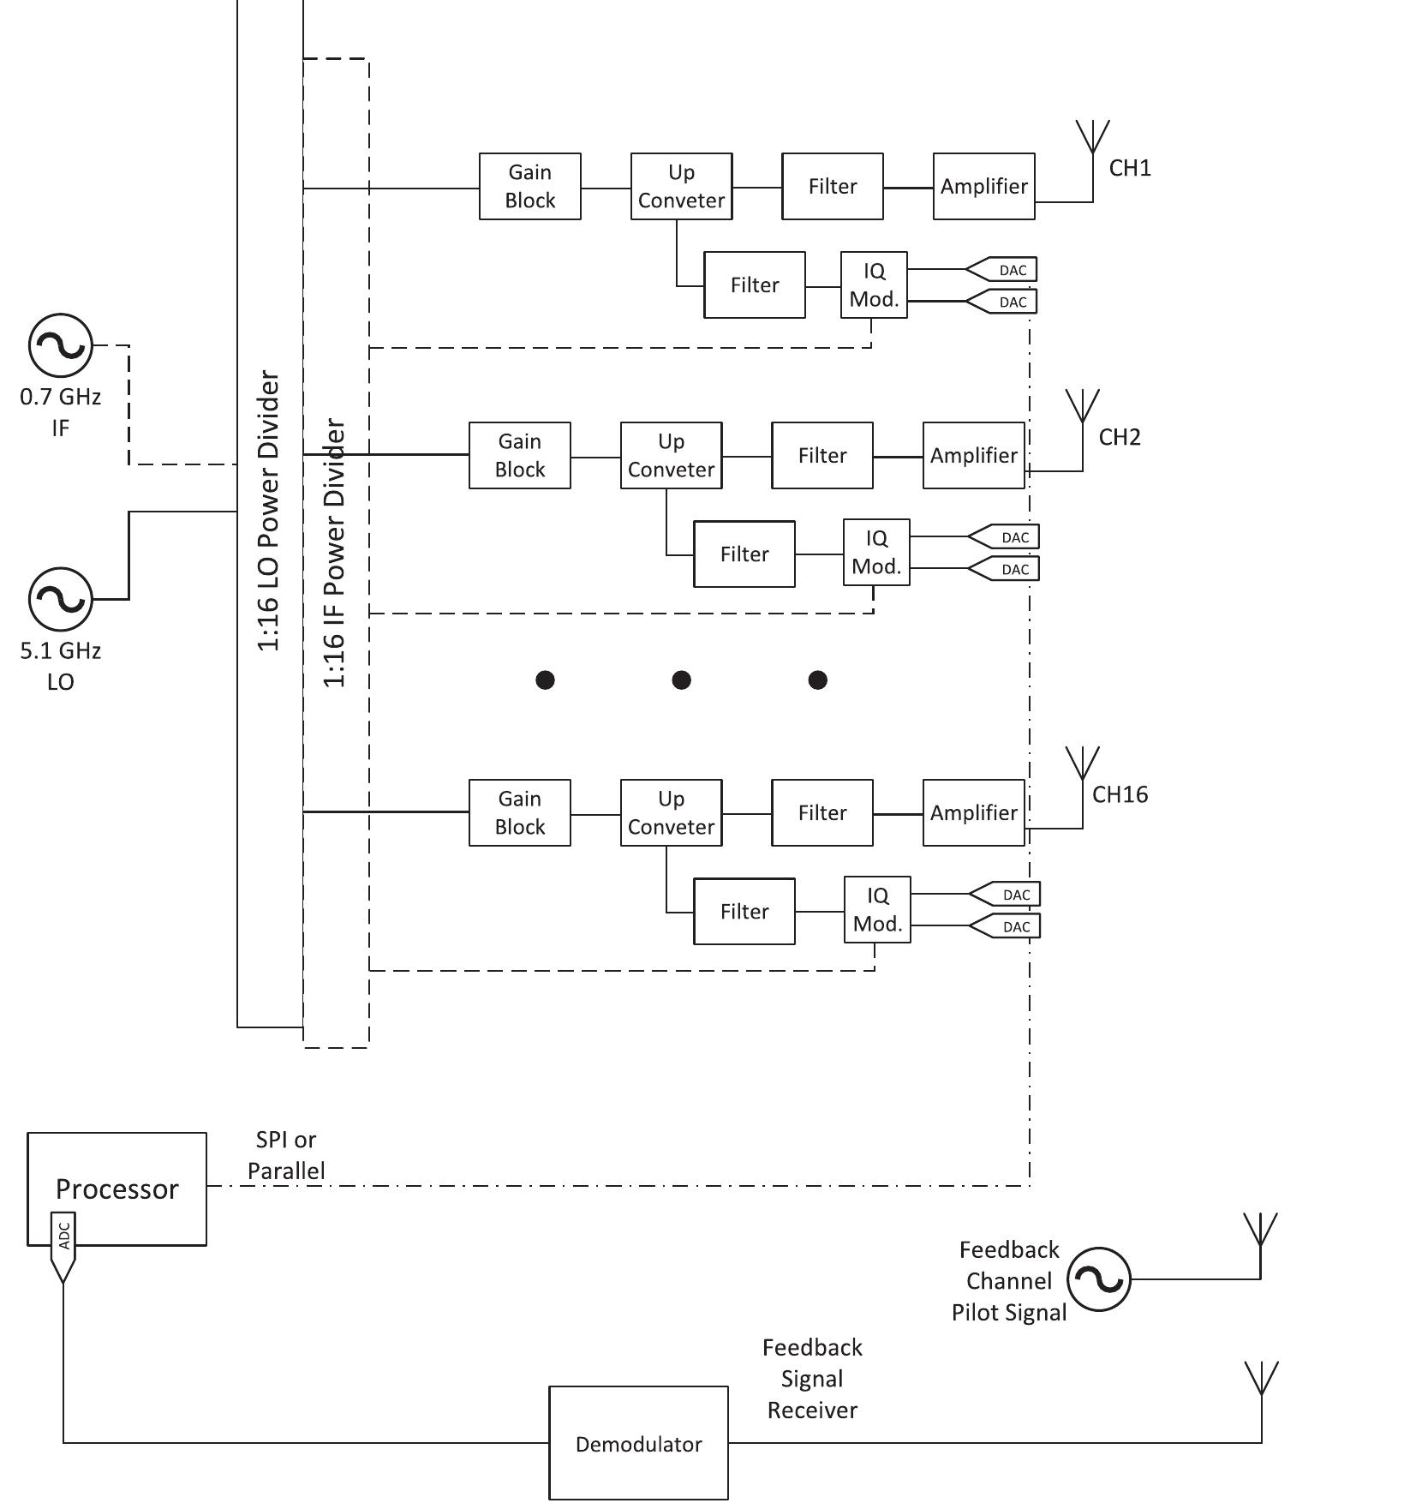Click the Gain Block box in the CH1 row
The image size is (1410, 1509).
click(x=529, y=186)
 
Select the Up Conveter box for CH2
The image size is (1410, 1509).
click(x=671, y=455)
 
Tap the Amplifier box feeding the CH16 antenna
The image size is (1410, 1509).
click(x=973, y=812)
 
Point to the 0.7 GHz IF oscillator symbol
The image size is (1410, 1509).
click(x=60, y=345)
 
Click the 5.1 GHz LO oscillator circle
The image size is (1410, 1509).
click(x=60, y=599)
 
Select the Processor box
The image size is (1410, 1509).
click(x=117, y=1188)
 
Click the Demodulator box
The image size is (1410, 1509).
click(x=638, y=1444)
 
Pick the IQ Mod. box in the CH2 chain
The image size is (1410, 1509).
click(x=876, y=552)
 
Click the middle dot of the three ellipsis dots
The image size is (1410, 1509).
click(x=681, y=680)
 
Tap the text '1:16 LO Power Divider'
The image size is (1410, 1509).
click(x=269, y=511)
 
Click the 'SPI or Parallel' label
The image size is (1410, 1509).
click(x=286, y=1155)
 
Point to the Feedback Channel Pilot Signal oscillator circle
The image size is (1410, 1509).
click(x=1099, y=1279)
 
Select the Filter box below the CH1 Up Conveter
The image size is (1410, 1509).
click(x=754, y=284)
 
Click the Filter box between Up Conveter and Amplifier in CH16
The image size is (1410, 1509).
click(x=822, y=812)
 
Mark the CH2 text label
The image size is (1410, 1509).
click(x=1120, y=437)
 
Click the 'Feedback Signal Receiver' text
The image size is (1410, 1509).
click(x=812, y=1379)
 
